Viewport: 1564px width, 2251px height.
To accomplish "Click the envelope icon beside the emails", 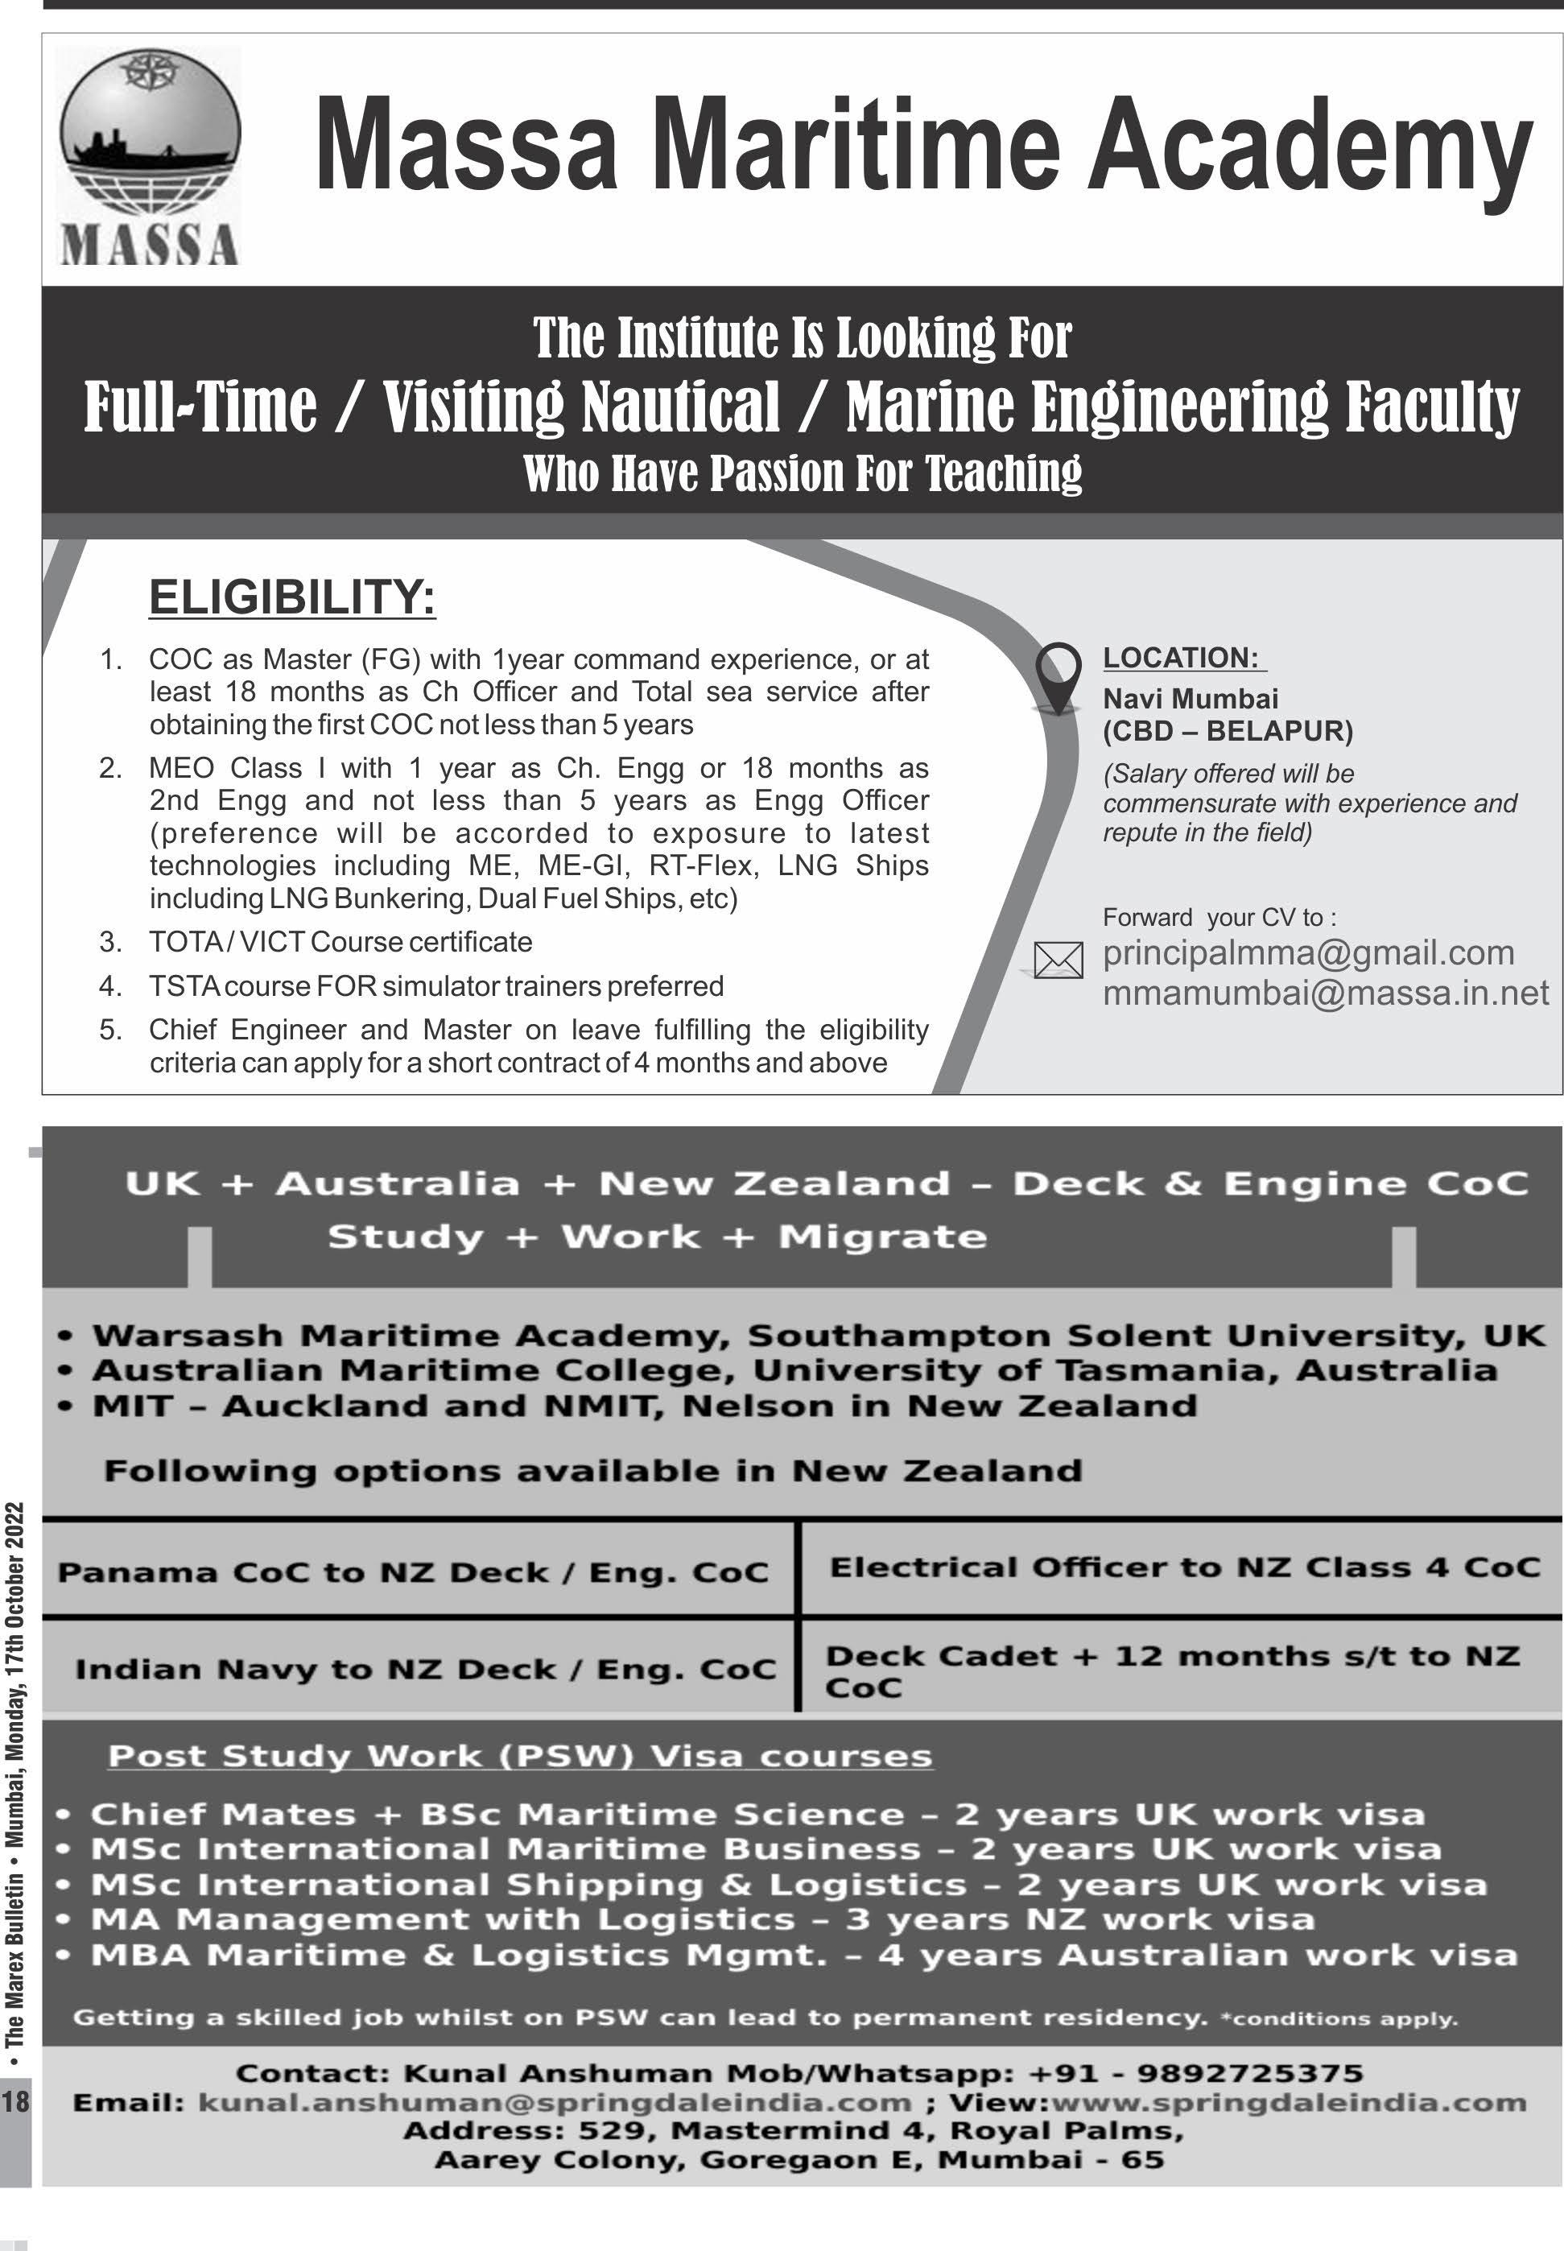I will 1058,960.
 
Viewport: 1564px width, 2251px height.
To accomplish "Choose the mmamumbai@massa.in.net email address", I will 1325,993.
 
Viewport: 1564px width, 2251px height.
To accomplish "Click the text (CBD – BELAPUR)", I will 1227,731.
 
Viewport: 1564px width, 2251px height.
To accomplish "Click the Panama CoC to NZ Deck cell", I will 413,1572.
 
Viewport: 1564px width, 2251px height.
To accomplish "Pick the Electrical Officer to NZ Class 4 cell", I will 1184,1567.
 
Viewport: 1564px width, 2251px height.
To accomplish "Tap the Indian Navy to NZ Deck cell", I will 424,1669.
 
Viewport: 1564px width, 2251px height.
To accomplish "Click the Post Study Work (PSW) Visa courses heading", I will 519,1756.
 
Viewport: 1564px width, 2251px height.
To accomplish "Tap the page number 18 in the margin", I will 15,2101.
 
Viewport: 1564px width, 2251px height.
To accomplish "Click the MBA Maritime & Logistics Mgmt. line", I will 803,1955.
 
